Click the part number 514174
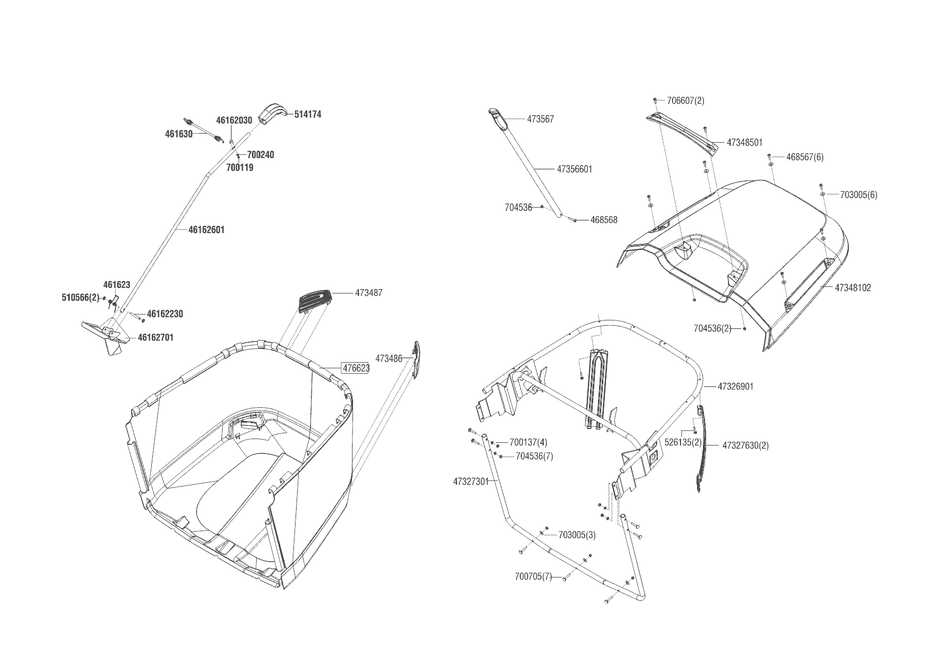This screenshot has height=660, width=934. tap(308, 114)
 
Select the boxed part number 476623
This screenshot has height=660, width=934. tap(355, 368)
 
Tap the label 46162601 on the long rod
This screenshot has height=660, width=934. tap(207, 230)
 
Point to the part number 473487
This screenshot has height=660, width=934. tap(368, 293)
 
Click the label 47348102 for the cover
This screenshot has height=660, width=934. tap(853, 288)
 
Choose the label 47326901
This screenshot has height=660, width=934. tap(735, 386)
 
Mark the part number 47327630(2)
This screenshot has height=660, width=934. tap(745, 445)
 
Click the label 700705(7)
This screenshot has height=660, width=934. tap(534, 576)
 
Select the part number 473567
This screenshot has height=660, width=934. tap(540, 119)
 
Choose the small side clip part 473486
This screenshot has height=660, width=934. tap(417, 360)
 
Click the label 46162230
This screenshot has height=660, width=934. tap(165, 314)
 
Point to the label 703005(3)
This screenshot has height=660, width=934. tap(577, 535)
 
